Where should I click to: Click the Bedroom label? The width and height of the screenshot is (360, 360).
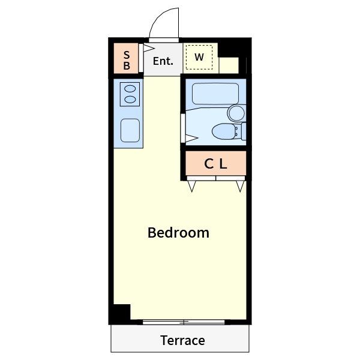pos(178,233)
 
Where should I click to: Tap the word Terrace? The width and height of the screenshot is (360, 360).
pos(182,340)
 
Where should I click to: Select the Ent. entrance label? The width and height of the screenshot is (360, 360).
pos(163,61)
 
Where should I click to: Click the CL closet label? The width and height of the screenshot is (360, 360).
pos(215,164)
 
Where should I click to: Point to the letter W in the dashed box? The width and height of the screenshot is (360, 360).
pos(199,57)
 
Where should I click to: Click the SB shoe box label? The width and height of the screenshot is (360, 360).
pos(127,61)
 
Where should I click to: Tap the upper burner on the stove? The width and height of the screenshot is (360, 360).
pos(130,89)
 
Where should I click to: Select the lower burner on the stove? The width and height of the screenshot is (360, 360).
pos(130,100)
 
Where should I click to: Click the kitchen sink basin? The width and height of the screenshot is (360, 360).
pos(130,130)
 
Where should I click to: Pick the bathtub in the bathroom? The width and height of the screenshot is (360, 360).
pos(215,94)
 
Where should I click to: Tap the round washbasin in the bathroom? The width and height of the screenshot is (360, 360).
pos(236,113)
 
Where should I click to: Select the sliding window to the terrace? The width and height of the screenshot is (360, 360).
pos(184,322)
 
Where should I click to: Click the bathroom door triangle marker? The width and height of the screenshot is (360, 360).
pos(191,139)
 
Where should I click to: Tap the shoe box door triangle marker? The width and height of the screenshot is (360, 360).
pos(149,48)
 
